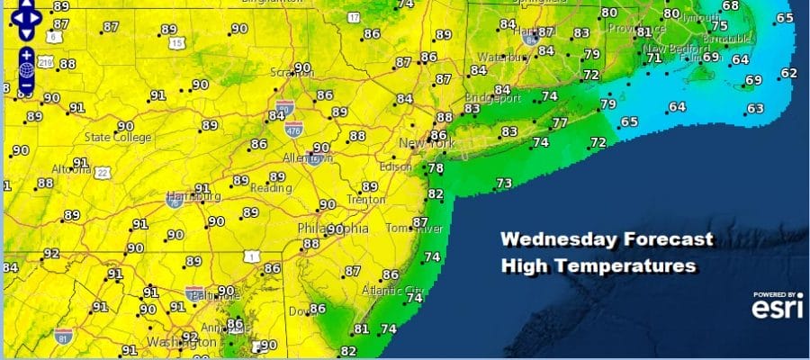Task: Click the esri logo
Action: (x=772, y=309)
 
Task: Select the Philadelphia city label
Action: (x=333, y=229)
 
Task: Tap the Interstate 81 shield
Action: (x=61, y=336)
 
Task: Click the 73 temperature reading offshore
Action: (x=504, y=184)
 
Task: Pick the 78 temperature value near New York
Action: (x=435, y=168)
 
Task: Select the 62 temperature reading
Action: (x=788, y=74)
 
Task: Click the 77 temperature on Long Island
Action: (x=560, y=123)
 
